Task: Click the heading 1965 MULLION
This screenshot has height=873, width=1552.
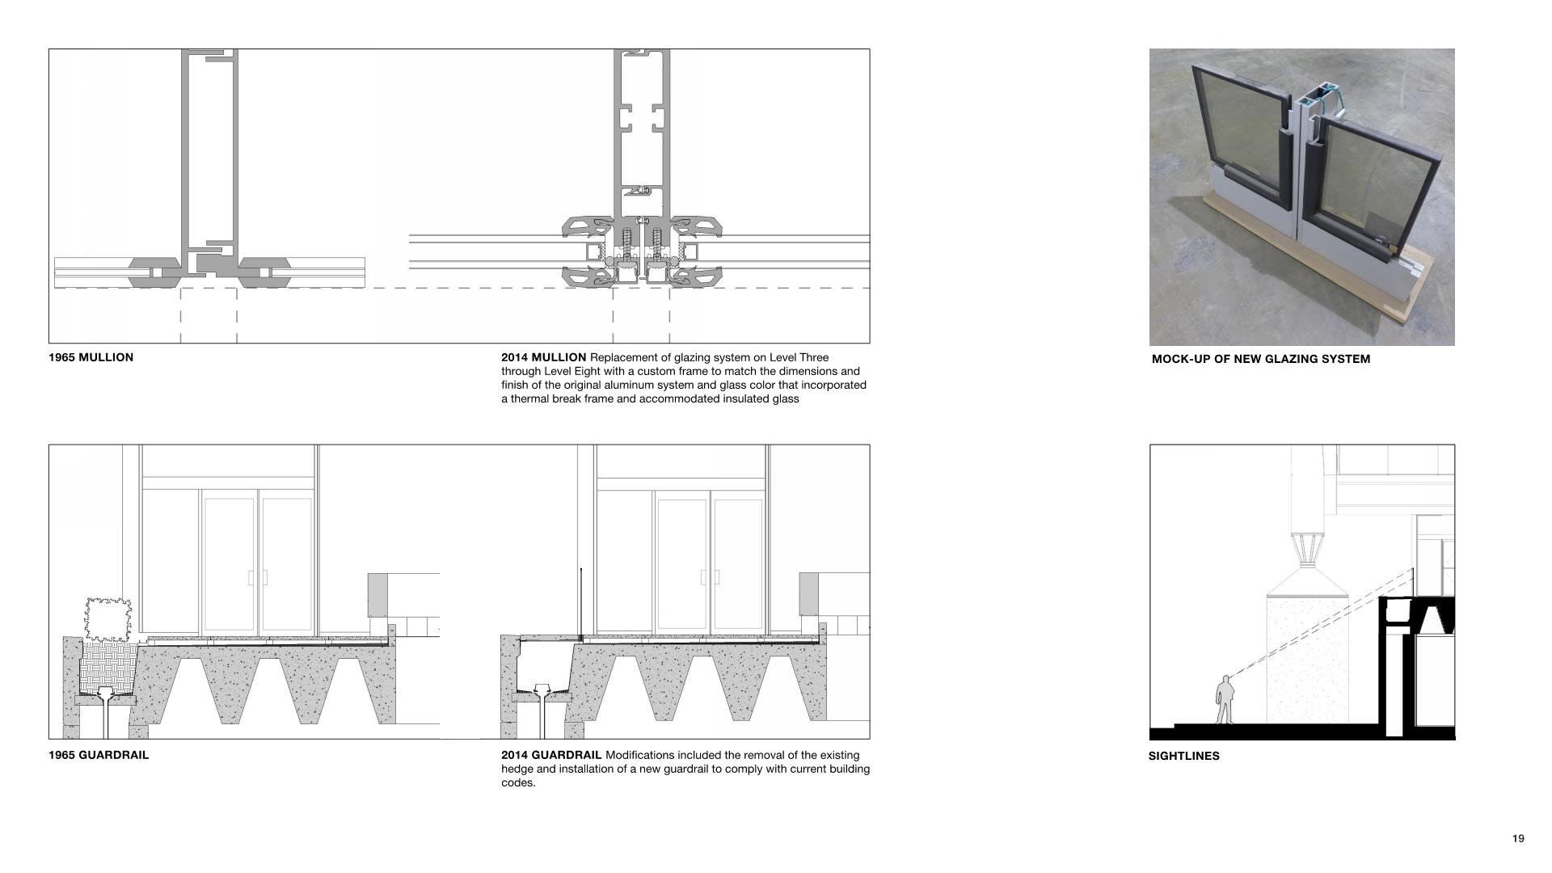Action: [x=91, y=357]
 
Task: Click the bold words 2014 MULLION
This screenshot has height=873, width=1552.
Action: [x=543, y=357]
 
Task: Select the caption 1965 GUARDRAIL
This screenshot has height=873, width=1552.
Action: [x=99, y=755]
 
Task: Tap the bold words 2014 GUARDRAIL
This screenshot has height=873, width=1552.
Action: [x=551, y=755]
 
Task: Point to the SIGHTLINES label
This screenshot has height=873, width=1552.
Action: [x=1183, y=756]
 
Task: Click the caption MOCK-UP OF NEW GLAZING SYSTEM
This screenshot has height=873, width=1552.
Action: [x=1260, y=359]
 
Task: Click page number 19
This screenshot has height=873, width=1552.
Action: [x=1517, y=838]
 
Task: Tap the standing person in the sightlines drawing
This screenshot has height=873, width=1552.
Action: [x=1225, y=700]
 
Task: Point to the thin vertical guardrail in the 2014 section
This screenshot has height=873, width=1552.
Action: [x=580, y=603]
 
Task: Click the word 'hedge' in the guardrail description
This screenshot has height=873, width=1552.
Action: [x=518, y=769]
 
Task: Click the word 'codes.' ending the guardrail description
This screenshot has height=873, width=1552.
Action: [x=518, y=782]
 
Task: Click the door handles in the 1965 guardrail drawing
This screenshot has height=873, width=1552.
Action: [x=258, y=577]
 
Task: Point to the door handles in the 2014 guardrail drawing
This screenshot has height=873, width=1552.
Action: [x=711, y=577]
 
